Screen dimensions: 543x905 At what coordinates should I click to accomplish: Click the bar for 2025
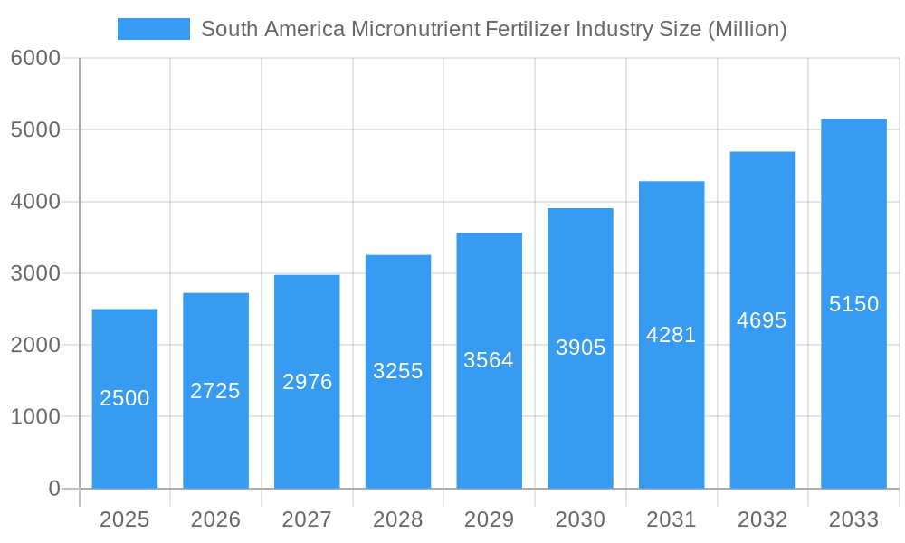[125, 398]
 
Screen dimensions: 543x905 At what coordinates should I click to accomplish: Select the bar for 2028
[398, 371]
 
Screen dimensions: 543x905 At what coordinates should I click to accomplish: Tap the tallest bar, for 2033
[853, 303]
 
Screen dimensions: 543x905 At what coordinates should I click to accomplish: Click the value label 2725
[215, 391]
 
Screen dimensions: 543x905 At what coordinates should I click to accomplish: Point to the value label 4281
[672, 335]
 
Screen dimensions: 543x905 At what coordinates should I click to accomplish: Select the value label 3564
[489, 360]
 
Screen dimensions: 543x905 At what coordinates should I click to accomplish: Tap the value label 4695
[762, 320]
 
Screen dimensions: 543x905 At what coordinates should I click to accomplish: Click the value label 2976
[308, 382]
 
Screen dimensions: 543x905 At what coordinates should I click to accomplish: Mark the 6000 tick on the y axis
[35, 58]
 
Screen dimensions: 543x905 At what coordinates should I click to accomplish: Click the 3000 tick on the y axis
[35, 273]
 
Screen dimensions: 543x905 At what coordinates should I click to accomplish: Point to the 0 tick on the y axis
[53, 489]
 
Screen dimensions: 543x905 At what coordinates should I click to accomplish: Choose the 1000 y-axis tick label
[35, 417]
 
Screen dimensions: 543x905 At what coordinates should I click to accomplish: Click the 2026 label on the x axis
[215, 519]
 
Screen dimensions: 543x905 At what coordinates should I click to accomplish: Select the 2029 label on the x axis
[489, 519]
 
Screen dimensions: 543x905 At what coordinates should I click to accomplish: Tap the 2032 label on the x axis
[762, 519]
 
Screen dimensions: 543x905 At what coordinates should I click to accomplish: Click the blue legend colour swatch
[154, 29]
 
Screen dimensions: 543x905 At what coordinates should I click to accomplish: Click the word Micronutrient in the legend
[416, 29]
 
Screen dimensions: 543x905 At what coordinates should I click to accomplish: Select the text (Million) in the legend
[747, 29]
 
